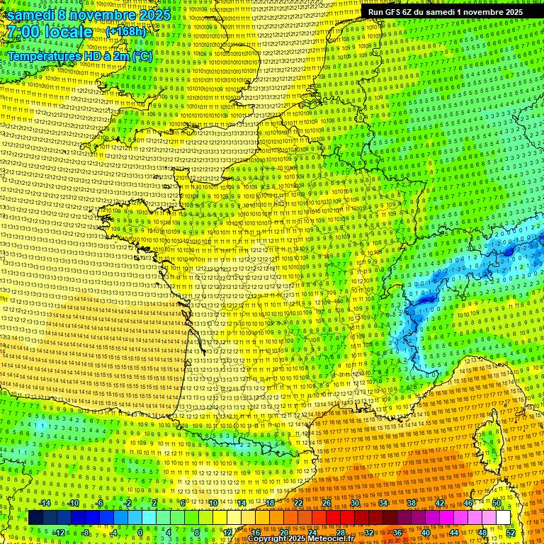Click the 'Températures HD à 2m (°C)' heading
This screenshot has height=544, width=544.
pyautogui.click(x=79, y=56)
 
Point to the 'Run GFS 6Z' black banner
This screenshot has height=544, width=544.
pyautogui.click(x=446, y=12)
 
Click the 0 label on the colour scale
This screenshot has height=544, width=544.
pyautogui.click(x=140, y=533)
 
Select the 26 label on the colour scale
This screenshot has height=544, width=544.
pyautogui.click(x=327, y=503)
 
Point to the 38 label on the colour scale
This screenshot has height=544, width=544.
pyautogui.click(x=412, y=503)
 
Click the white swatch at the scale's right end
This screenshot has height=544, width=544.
pyautogui.click(x=503, y=518)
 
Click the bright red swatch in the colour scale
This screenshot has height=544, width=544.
pyautogui.click(x=333, y=518)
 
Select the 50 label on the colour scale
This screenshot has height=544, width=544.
pyautogui.click(x=497, y=503)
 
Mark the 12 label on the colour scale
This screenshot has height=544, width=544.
pyautogui.click(x=227, y=533)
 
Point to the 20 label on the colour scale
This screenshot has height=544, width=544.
pyautogui.click(x=284, y=533)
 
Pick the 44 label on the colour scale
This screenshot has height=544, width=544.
pyautogui.click(x=454, y=533)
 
